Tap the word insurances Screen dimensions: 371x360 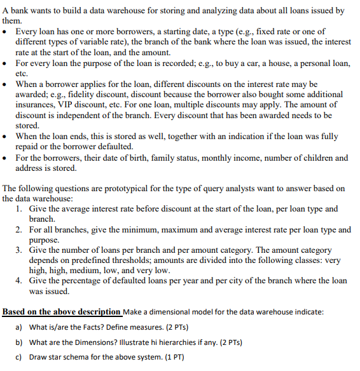(36, 105)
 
